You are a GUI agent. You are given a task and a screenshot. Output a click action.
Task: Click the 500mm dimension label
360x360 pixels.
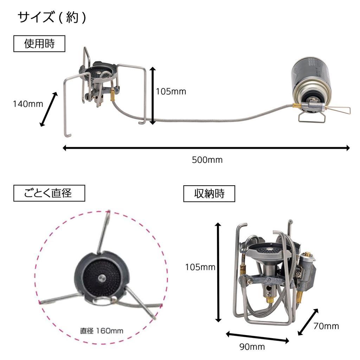pyautogui.click(x=207, y=160)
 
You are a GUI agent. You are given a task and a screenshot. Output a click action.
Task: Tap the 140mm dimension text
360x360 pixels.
pyautogui.click(x=28, y=104)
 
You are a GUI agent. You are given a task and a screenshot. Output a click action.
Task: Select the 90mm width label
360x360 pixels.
pyautogui.click(x=252, y=347)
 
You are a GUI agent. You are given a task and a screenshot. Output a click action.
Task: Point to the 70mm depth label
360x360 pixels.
pyautogui.click(x=327, y=326)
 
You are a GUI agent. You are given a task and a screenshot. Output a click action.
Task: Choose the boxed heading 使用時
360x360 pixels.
pyautogui.click(x=39, y=44)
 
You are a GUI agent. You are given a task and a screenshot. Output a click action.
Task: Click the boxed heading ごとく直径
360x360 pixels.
pyautogui.click(x=49, y=193)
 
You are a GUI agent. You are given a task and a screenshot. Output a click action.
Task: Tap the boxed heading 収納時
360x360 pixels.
pyautogui.click(x=209, y=194)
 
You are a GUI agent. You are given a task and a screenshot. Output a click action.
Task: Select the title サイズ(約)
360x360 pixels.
pyautogui.click(x=52, y=18)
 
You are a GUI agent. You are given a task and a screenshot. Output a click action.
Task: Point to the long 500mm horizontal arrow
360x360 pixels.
pyautogui.click(x=206, y=148)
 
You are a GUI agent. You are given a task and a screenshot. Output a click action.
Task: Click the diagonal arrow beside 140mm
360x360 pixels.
pyautogui.click(x=49, y=109)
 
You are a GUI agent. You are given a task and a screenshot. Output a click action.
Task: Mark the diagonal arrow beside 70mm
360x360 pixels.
pyautogui.click(x=308, y=322)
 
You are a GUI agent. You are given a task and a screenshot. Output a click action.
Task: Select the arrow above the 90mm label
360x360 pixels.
pyautogui.click(x=257, y=336)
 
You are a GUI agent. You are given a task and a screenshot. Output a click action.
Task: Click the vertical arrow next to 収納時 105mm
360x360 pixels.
pyautogui.click(x=218, y=272)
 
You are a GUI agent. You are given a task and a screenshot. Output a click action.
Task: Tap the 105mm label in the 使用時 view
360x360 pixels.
pyautogui.click(x=171, y=92)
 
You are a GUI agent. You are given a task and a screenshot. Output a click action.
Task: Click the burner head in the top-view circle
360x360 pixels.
pyautogui.click(x=101, y=278)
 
